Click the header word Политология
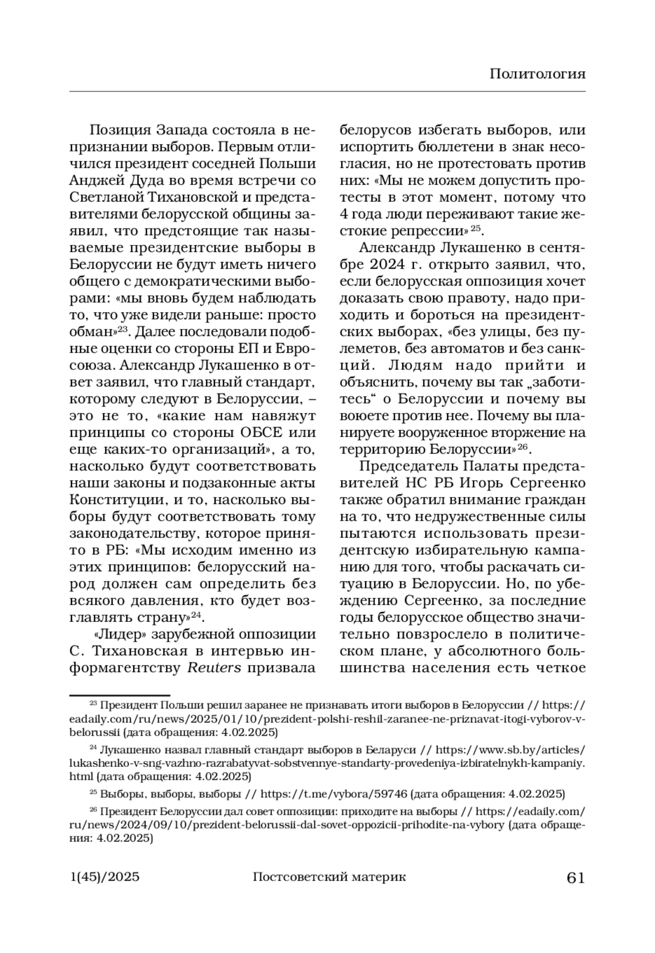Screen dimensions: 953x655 [x=537, y=74]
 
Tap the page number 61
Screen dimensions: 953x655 [x=575, y=878]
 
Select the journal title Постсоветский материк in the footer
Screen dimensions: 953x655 [x=329, y=877]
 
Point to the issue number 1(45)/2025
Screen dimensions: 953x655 [x=105, y=877]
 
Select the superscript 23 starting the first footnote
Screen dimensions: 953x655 [x=93, y=704]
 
